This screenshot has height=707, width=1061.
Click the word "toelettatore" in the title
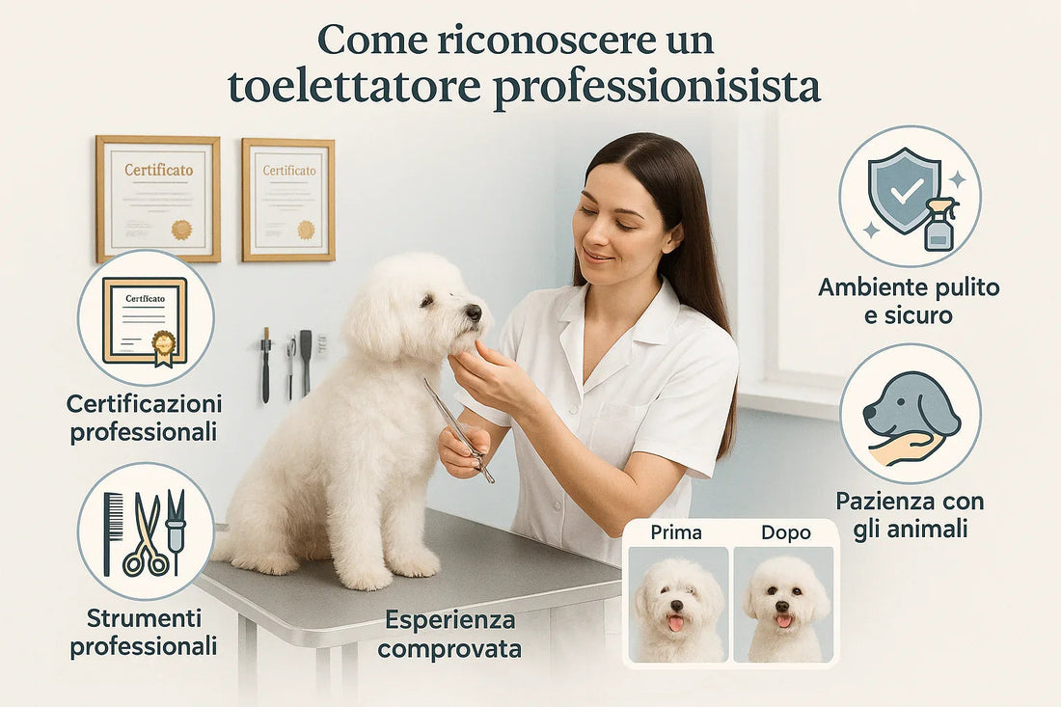tap(353, 87)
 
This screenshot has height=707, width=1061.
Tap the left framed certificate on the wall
tap(158, 199)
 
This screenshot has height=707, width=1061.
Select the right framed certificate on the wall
tap(288, 200)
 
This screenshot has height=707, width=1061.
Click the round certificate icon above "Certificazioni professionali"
tap(145, 318)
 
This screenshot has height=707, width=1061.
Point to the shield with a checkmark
tap(904, 189)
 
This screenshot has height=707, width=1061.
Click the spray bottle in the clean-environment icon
tap(940, 225)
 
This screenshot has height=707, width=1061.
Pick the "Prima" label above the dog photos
tap(676, 531)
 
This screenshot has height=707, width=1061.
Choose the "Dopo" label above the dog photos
tap(785, 531)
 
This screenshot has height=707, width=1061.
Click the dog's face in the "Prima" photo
tap(677, 603)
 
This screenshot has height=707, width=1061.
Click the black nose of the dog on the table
tap(474, 312)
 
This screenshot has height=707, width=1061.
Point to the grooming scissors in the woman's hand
tap(457, 428)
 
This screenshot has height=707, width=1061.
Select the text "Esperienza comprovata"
tap(449, 634)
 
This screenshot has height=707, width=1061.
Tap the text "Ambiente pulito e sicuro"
tap(909, 301)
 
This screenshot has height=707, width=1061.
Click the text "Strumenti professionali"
tap(143, 632)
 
